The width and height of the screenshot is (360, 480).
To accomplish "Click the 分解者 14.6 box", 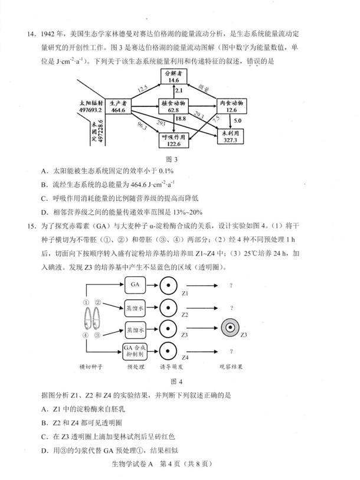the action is [174, 77].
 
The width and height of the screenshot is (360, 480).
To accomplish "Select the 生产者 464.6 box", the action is [118, 106].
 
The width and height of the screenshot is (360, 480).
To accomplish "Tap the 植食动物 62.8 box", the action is [174, 106].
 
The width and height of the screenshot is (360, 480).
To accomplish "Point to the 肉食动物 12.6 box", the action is [231, 106].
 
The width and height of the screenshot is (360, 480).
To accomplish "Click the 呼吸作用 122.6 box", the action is [174, 140].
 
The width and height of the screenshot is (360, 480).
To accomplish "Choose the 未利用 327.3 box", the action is [230, 136].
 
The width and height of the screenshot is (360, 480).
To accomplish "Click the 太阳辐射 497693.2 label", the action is [91, 106].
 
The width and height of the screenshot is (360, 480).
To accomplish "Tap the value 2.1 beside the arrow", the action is [178, 90].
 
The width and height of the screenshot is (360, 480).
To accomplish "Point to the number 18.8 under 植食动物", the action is [181, 119].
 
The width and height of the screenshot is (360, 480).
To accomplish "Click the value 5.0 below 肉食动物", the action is [238, 120].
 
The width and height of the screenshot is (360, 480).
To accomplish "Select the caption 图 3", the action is [171, 159].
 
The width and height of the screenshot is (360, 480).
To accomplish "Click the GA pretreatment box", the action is [135, 285].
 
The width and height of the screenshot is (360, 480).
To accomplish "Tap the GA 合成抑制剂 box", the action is [135, 351].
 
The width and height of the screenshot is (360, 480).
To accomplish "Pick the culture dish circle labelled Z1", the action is [168, 285].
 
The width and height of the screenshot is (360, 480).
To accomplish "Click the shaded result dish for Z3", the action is [231, 328].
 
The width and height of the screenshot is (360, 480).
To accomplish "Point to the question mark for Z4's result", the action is [231, 351].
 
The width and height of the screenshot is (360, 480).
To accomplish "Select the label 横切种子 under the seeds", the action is [91, 367].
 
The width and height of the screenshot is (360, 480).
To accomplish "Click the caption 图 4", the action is [176, 381].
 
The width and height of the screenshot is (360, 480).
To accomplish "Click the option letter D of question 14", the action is [44, 212].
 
